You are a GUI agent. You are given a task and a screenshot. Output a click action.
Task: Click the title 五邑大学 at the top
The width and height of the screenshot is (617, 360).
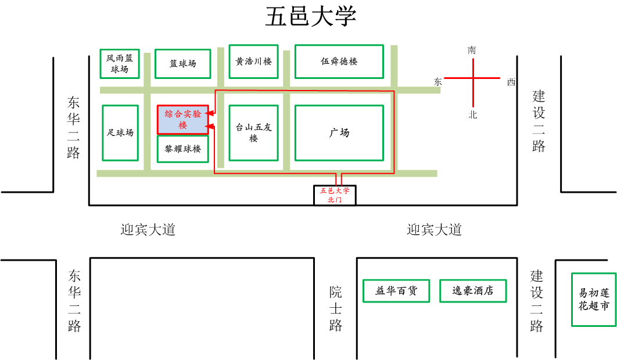pos(311,17)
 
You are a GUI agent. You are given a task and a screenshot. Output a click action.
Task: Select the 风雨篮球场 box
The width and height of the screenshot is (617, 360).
pos(120,63)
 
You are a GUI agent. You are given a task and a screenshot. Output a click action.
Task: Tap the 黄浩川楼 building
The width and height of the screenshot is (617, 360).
pos(253,61)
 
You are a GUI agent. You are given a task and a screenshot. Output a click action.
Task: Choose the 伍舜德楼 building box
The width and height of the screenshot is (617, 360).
pos(339,61)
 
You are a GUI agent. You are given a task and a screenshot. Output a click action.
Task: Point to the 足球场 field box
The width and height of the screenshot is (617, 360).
pos(120,132)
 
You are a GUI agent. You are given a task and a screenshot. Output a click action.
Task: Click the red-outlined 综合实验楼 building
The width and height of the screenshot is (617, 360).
pos(182,120)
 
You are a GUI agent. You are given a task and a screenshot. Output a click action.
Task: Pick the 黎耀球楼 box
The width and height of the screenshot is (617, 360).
pos(182,149)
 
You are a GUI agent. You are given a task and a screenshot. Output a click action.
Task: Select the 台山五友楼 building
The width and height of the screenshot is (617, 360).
pos(253,132)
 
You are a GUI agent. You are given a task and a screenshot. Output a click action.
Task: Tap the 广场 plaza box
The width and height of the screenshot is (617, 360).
pos(339,132)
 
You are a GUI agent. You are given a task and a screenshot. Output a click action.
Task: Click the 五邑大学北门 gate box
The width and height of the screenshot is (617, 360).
pos(335,195)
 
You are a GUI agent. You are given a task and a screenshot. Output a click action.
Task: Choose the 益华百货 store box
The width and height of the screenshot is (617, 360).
pos(396,291)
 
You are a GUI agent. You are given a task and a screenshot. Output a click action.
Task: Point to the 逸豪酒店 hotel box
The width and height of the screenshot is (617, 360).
pos(472,291)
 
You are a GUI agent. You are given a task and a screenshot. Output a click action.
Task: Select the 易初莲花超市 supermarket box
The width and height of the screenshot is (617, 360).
pos(593,300)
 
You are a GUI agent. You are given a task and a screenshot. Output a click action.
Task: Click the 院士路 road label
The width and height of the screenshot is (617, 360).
pos(335,308)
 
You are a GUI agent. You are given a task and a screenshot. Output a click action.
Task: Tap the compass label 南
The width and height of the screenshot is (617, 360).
pos(472,51)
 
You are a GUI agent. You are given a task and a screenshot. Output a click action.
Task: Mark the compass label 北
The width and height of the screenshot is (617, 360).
pos(472,115)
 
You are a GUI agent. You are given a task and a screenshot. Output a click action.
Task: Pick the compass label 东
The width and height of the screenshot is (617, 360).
pos(437,82)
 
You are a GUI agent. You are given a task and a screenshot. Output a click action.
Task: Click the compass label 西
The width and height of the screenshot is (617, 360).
pos(511,82)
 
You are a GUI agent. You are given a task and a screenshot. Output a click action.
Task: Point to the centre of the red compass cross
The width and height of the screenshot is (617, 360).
pos(472,78)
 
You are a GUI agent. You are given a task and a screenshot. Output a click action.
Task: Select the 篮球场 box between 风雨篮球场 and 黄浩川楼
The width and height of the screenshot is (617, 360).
pos(182,63)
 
